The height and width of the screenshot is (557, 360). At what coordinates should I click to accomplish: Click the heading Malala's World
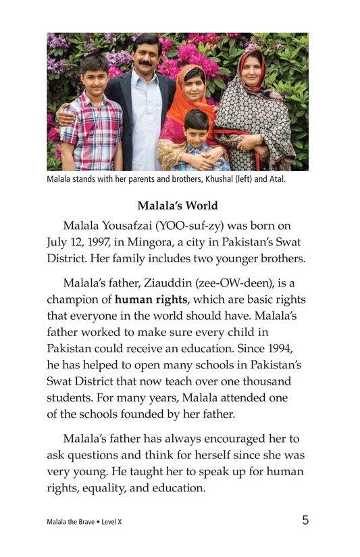[x=180, y=204]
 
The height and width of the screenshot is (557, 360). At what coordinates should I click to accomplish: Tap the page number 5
[x=305, y=520]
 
